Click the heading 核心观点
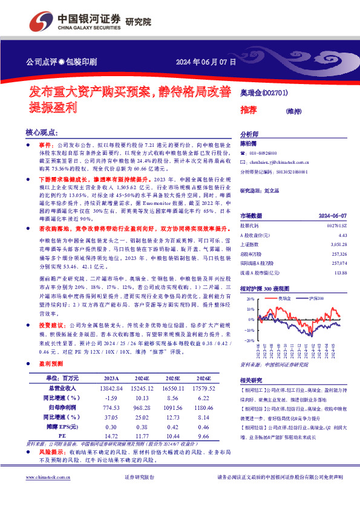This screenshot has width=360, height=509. [42, 132]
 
